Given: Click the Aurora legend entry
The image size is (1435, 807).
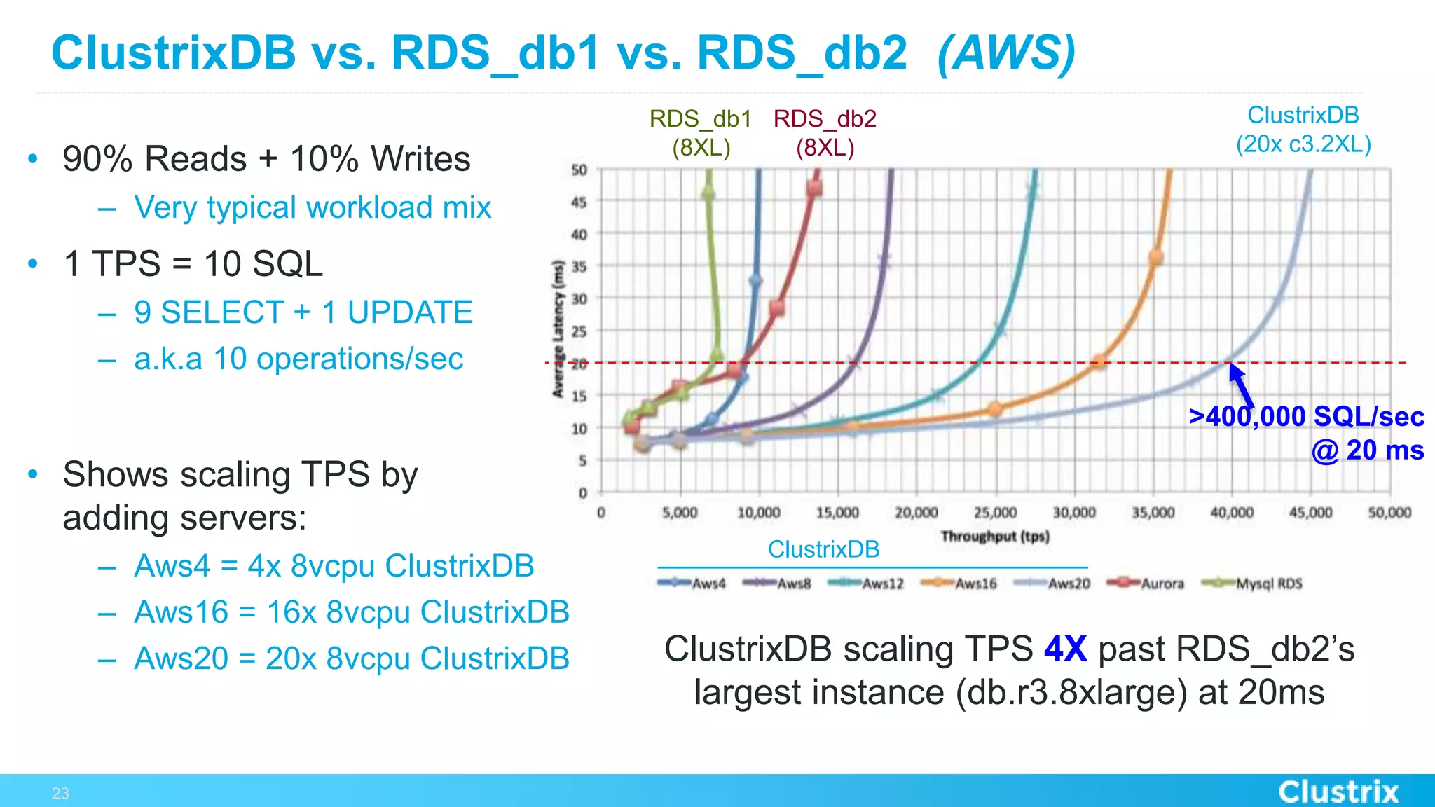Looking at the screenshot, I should click(1147, 584).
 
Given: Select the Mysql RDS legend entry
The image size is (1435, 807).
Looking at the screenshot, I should click(1254, 584).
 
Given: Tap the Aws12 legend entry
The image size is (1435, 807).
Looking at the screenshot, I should click(867, 584).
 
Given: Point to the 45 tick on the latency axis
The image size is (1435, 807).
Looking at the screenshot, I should click(579, 202).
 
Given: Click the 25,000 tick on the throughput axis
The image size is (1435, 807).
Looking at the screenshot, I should click(995, 513).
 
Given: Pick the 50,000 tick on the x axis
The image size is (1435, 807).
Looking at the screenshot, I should click(1389, 513).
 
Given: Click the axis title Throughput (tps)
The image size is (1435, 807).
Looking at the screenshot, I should click(995, 537).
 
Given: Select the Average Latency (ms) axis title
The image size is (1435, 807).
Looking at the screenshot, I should click(558, 329).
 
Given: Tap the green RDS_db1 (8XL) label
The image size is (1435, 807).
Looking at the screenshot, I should click(701, 133).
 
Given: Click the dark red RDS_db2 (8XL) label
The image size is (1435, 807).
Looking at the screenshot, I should click(825, 133).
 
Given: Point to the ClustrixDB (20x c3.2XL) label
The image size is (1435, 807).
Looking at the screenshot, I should click(1303, 130).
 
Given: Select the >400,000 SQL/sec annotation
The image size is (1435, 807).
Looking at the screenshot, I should click(1307, 417).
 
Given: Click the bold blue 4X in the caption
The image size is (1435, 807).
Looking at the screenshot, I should click(1065, 649).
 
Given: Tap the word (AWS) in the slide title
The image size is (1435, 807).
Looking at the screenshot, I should click(1005, 53).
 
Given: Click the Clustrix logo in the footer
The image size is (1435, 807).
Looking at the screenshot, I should click(1338, 792).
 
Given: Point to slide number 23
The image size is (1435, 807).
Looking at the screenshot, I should click(60, 793).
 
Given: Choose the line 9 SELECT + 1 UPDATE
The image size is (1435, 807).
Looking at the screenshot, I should click(303, 312).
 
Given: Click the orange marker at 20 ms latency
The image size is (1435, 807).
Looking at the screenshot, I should click(1099, 362).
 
